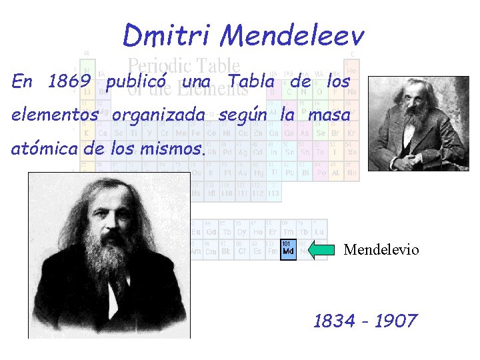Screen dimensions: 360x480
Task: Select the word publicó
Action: click(137, 82)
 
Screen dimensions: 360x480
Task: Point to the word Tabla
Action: click(251, 82)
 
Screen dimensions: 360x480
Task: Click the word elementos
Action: click(55, 115)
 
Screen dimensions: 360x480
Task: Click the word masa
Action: click(330, 115)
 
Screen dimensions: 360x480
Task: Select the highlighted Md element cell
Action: click(288, 249)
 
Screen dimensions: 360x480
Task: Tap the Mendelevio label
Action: click(381, 250)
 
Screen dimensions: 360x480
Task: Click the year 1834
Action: click(334, 321)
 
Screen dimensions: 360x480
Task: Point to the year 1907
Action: click(395, 321)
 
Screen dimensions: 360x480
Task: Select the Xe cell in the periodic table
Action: click(352, 152)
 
